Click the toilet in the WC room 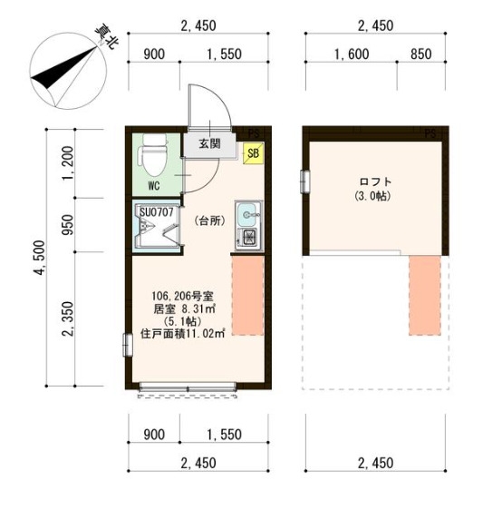(153, 154)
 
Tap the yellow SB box (254, 153)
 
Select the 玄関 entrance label (210, 143)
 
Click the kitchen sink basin (248, 214)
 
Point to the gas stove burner (249, 237)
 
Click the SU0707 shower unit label (157, 212)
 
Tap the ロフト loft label (375, 181)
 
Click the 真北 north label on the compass (104, 36)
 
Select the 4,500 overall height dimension (39, 258)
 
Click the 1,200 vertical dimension (68, 164)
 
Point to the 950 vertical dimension (68, 224)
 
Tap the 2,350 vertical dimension (68, 318)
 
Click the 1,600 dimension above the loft (352, 54)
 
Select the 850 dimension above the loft (421, 54)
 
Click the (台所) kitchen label (210, 220)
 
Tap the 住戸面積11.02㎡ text (182, 333)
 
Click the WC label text (154, 186)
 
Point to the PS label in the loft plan (430, 133)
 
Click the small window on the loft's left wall (304, 181)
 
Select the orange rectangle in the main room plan (247, 296)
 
